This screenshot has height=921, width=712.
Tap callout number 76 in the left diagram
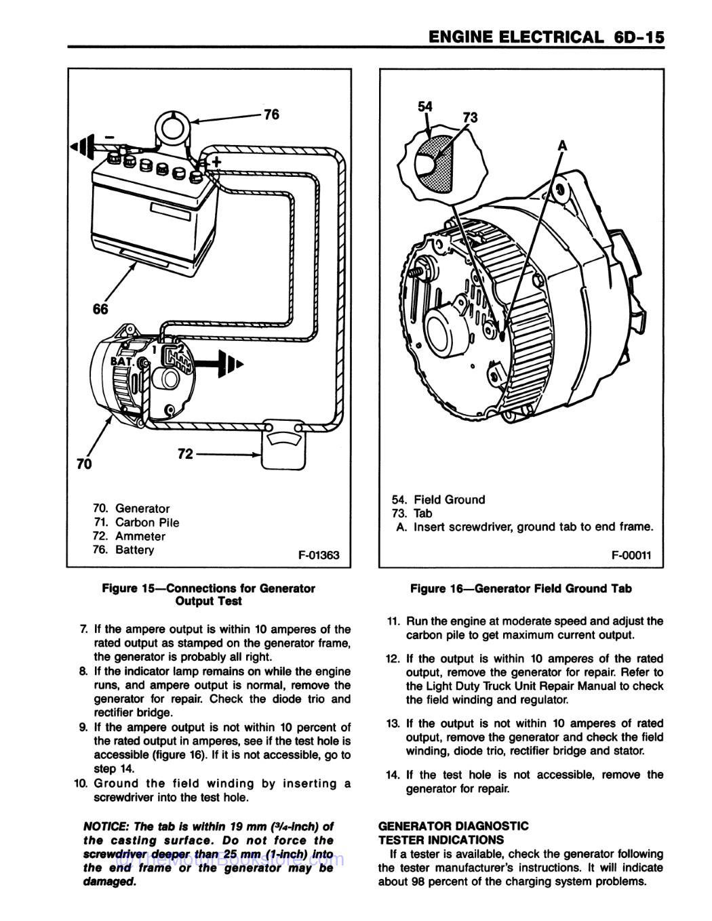(x=271, y=115)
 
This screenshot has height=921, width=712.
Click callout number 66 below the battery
(x=100, y=309)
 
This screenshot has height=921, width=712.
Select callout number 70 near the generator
(x=83, y=464)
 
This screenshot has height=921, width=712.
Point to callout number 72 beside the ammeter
(x=185, y=454)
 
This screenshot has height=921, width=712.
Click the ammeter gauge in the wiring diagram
(x=283, y=445)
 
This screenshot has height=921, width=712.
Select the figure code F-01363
(x=319, y=556)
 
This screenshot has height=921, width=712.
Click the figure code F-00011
(x=631, y=555)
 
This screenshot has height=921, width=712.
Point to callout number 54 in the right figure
(x=425, y=106)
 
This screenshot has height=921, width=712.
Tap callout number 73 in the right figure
(x=469, y=117)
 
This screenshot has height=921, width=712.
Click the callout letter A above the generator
(x=562, y=146)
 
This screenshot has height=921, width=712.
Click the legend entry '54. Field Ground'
(x=439, y=499)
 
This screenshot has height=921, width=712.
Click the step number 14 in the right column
(x=393, y=775)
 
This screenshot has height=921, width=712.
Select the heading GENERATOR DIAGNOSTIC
(x=453, y=825)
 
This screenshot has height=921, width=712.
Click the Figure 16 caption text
(x=520, y=588)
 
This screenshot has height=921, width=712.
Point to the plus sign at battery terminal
(x=216, y=161)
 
